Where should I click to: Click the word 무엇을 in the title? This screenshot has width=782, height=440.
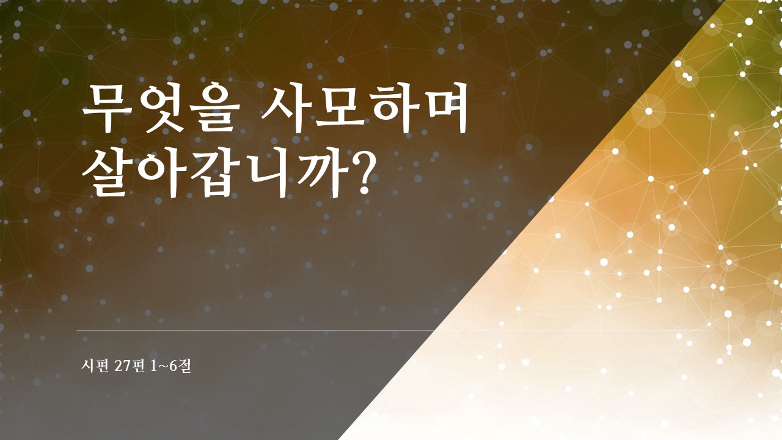(157, 108)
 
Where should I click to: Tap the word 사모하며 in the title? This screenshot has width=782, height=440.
(363, 108)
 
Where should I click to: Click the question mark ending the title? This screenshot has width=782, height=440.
(361, 172)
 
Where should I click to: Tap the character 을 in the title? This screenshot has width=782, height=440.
(209, 108)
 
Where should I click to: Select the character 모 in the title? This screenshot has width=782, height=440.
(336, 109)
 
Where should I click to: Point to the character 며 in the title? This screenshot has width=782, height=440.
(442, 108)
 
